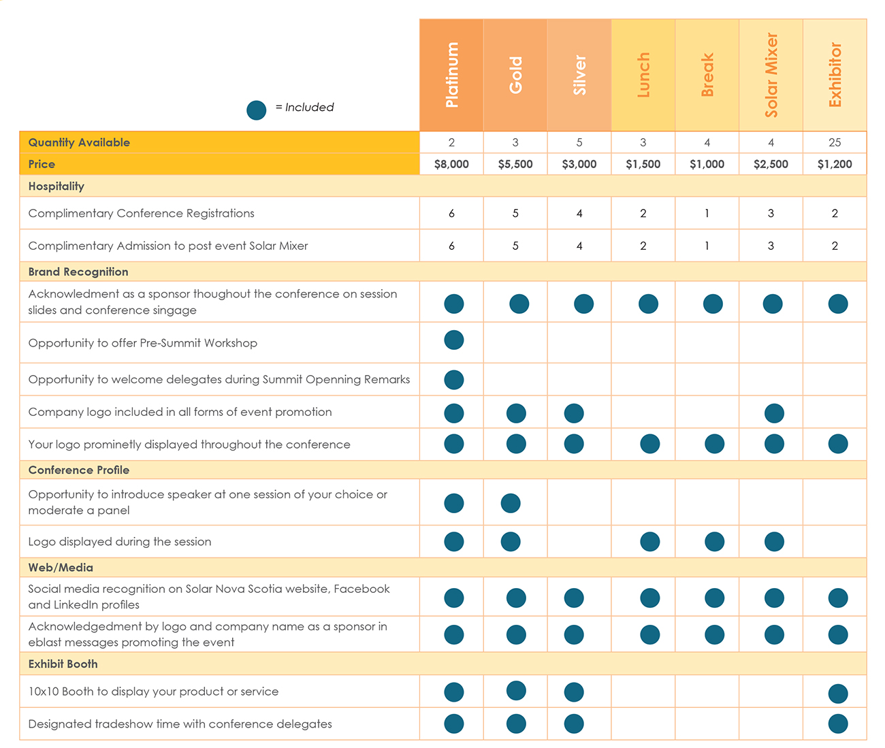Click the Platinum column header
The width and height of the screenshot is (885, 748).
point(451,75)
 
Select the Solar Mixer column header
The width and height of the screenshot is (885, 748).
point(771,75)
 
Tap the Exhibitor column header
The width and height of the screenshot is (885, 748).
point(835,75)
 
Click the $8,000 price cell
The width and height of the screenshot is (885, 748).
point(451,164)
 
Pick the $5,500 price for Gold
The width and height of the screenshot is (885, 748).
point(515,164)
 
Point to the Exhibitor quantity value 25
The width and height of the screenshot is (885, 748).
point(835,142)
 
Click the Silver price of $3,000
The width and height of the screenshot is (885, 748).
point(579,164)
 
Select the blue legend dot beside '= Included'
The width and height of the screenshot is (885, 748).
point(257,110)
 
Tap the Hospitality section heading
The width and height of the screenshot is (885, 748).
point(57,186)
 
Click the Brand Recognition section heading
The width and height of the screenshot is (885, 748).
point(78,272)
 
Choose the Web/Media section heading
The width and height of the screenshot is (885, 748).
point(61,568)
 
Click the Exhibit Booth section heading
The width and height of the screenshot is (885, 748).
point(63,664)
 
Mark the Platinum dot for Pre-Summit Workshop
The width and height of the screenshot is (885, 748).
point(454,340)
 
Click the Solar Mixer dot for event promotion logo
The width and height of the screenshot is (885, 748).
point(774,413)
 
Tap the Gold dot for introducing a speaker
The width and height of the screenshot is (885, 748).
point(511,503)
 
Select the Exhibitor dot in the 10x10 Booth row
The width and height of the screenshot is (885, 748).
point(838,694)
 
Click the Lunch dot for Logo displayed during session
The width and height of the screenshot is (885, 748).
point(650,542)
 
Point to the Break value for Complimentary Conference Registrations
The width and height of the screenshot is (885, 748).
point(707,214)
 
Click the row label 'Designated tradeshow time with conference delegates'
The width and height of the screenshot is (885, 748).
point(180,724)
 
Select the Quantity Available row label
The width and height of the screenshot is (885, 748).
point(79,142)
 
